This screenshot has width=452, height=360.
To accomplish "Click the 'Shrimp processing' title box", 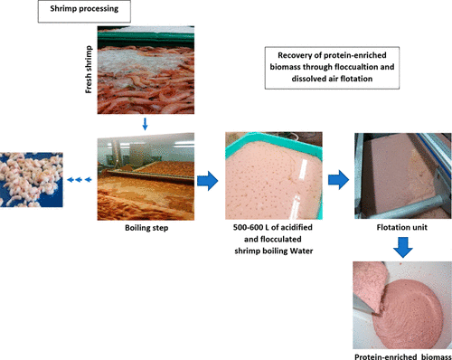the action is point(84,12).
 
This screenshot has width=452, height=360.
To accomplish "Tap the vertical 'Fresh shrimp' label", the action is point(89,70).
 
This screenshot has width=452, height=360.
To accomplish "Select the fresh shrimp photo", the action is point(146,70).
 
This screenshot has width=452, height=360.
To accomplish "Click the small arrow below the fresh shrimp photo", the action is point(145,124).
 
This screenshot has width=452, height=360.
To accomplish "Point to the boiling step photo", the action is point(146,176).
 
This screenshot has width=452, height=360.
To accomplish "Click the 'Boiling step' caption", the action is point(146,228).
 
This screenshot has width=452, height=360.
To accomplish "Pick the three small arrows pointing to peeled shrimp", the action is point(79,180).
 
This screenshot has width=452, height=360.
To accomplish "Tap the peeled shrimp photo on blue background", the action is point(32,180).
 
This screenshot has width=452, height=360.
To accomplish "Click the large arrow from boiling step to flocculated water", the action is point(207,181).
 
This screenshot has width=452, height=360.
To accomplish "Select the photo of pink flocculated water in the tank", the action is point(274,175).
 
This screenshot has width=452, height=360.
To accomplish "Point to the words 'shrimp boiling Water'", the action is point(274,251).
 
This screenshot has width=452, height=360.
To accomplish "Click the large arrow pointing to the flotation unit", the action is point(338,180).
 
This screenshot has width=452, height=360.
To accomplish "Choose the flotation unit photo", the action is point(403,175).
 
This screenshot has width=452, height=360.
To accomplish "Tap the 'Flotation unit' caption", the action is point(401,227).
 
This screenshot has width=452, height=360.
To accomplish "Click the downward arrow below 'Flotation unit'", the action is point(403,247).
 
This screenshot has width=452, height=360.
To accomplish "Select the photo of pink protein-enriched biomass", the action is point(402,305).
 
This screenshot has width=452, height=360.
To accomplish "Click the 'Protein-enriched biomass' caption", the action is point(403,357).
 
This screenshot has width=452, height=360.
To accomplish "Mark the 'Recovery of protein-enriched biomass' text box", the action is point(332,68).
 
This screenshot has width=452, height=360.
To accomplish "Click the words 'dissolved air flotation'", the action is point(332,79).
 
